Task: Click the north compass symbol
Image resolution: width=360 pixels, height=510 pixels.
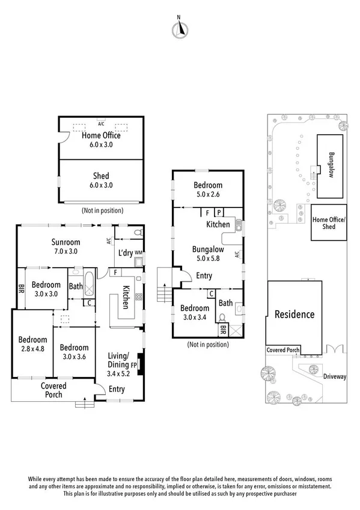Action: click(x=180, y=29)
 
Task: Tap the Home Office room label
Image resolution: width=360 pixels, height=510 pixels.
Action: click(x=101, y=135)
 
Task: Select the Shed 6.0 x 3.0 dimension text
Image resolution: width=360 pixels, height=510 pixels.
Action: click(x=101, y=185)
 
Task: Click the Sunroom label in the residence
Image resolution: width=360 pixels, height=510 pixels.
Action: click(x=66, y=242)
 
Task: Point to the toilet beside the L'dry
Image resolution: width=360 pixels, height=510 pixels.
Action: click(x=138, y=233)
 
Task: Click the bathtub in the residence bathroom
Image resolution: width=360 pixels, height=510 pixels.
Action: click(x=90, y=282)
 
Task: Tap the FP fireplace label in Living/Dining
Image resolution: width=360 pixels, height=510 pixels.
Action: click(x=133, y=365)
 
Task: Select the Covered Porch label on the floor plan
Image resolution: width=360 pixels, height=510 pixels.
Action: click(x=53, y=390)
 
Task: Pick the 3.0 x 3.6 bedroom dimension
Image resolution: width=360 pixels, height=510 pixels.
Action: click(x=74, y=357)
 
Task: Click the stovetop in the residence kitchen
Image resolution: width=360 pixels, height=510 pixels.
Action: click(x=139, y=296)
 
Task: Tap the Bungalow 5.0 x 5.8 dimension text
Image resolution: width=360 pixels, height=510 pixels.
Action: click(x=208, y=258)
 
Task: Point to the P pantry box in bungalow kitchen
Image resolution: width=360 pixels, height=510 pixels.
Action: click(x=219, y=212)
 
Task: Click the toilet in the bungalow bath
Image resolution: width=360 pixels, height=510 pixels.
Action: click(x=222, y=317)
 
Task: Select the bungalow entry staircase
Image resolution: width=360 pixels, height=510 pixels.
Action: click(x=165, y=286)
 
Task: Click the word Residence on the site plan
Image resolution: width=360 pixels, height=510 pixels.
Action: click(x=294, y=314)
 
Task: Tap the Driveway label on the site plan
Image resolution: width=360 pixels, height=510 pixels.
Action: click(x=334, y=376)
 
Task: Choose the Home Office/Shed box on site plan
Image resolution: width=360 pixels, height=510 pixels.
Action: click(x=329, y=223)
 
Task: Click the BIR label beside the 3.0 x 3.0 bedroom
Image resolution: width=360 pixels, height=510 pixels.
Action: click(x=21, y=288)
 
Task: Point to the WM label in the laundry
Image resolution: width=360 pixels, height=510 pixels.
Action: click(x=138, y=252)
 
